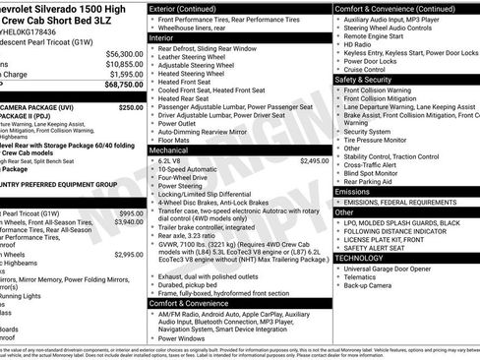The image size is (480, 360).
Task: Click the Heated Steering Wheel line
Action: (191, 73)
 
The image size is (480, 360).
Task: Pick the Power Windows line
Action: (185, 337)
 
